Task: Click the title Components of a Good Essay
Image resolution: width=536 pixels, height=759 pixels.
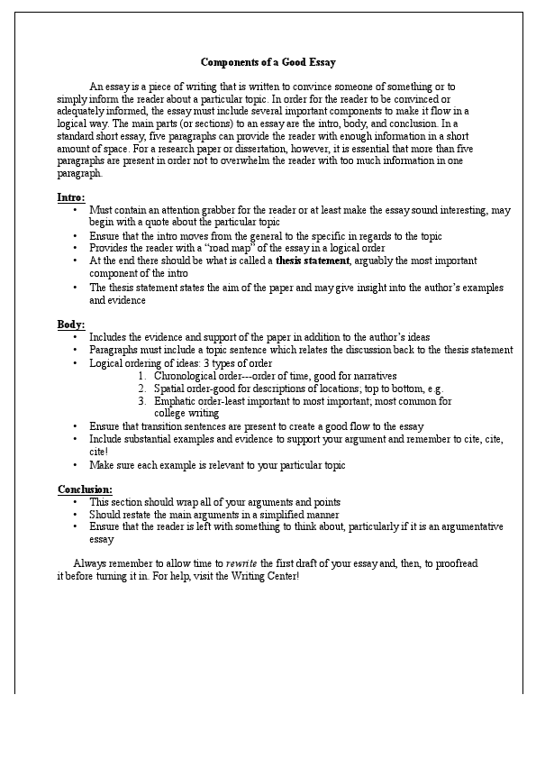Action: click(x=268, y=62)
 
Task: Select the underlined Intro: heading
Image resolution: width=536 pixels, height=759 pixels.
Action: click(x=71, y=196)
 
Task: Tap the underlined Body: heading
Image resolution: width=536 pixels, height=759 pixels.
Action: click(x=71, y=323)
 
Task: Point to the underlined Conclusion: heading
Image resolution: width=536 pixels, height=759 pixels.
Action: click(x=85, y=489)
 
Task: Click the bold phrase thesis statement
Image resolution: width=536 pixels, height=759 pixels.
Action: click(x=313, y=261)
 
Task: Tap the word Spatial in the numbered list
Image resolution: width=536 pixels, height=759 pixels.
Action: click(x=170, y=388)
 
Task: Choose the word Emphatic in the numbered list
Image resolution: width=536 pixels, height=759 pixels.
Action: click(x=176, y=401)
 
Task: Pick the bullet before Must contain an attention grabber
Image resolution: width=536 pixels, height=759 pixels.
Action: click(x=75, y=210)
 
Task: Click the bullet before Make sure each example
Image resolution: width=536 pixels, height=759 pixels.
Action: click(x=75, y=465)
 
